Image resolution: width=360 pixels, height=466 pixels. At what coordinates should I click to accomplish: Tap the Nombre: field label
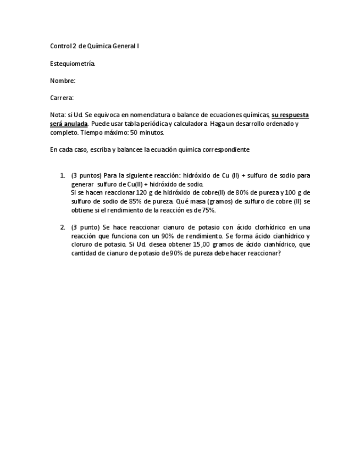point(63,81)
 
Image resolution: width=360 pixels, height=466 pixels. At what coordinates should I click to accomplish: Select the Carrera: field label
point(62,98)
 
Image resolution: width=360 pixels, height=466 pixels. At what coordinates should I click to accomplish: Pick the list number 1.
point(62,175)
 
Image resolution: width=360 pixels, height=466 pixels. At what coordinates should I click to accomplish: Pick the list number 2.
point(62,227)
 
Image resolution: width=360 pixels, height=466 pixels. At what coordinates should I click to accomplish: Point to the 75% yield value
point(207,210)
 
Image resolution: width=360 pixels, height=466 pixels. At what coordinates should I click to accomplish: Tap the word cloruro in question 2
point(82,244)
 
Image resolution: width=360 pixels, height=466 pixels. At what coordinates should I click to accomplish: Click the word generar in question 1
point(82,184)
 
